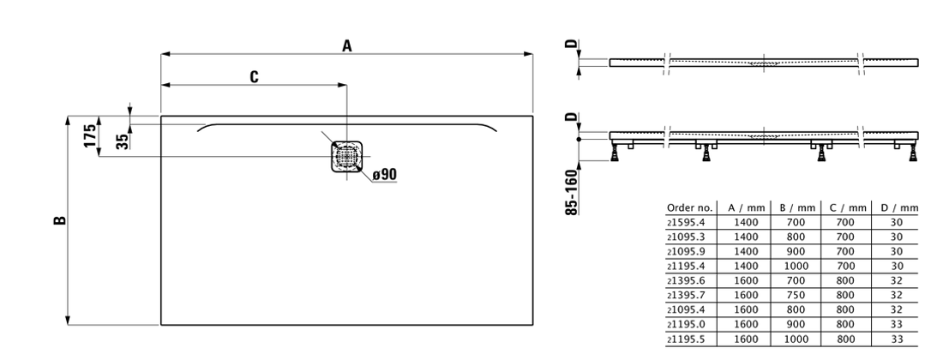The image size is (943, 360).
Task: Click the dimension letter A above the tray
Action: click(347, 46)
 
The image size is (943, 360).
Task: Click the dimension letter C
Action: click(255, 77)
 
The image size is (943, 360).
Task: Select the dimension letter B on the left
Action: click(59, 221)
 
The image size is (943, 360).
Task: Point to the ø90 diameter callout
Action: click(385, 175)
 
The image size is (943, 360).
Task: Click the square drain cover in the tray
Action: click(347, 156)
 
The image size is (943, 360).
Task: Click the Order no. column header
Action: click(688, 207)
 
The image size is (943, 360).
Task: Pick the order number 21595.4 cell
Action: click(686, 221)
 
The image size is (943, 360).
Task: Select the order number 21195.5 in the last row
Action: click(686, 339)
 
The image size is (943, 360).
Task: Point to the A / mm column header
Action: click(747, 207)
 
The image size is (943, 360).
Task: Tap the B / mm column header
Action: click(796, 207)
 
